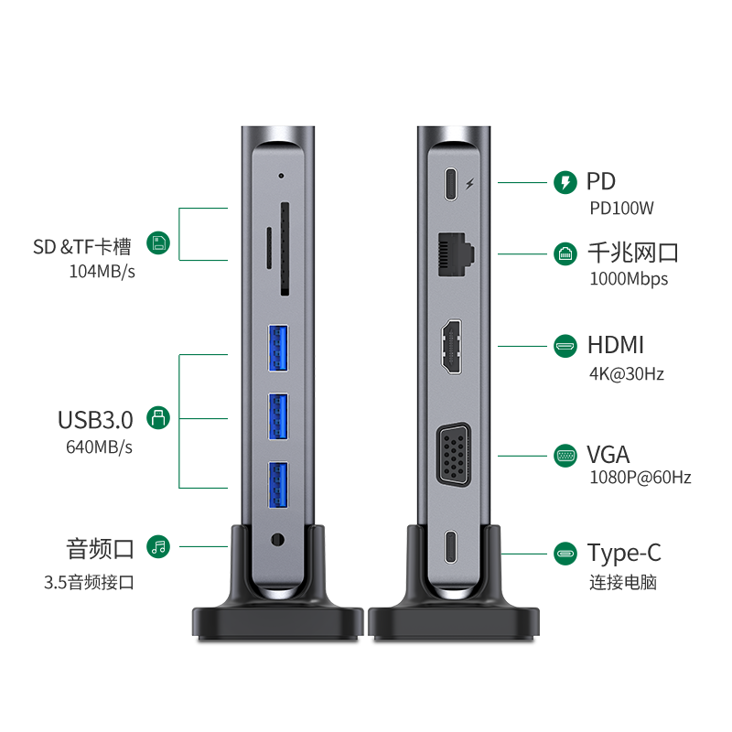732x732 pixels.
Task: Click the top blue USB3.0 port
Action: [x=278, y=348]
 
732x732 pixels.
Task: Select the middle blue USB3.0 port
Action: [x=278, y=416]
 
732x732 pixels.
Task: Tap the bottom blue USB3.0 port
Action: [x=278, y=485]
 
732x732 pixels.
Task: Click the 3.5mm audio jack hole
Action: [x=277, y=540]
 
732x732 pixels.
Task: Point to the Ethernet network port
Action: [x=456, y=254]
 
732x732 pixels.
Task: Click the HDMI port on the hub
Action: [x=451, y=347]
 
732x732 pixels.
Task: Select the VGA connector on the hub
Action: [x=453, y=455]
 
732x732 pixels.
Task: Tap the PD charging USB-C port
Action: [x=450, y=184]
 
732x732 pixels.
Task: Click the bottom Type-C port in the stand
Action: [x=450, y=546]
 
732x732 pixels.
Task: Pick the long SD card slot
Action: [x=285, y=249]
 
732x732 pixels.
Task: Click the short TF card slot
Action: [x=269, y=248]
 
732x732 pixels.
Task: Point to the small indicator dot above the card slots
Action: [x=281, y=176]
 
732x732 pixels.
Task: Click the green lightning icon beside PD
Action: [x=565, y=182]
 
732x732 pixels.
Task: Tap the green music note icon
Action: [x=158, y=546]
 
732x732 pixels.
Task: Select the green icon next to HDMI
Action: [x=565, y=346]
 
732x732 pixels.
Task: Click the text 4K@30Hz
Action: [x=627, y=374]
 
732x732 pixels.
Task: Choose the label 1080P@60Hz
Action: [x=640, y=478]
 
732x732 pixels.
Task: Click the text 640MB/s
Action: [x=99, y=447]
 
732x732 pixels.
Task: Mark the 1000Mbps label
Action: [x=629, y=279]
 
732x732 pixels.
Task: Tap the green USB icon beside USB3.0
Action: [x=158, y=418]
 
